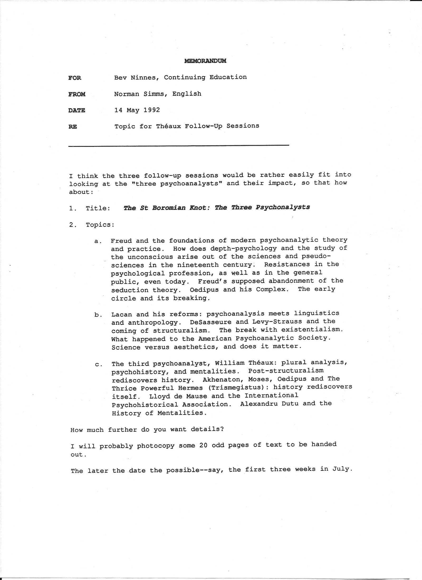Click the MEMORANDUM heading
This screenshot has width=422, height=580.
pos(205,61)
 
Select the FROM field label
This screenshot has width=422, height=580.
pos(77,94)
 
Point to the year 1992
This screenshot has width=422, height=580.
pos(152,110)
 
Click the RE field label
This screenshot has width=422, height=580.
pos(73,127)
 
